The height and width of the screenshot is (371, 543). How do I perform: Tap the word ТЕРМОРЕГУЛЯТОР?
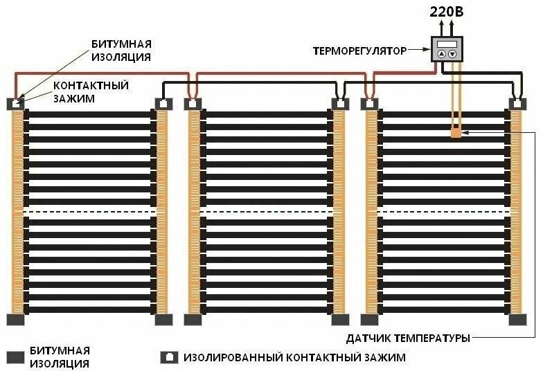[x=359, y=51]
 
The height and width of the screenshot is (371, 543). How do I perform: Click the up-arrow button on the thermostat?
[x=441, y=54]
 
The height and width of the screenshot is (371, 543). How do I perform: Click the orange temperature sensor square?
[x=456, y=132]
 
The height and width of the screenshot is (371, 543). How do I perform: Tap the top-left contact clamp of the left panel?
[x=16, y=104]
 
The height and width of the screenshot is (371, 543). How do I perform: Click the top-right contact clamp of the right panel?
[x=517, y=104]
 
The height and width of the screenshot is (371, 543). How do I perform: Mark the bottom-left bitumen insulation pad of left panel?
[x=16, y=319]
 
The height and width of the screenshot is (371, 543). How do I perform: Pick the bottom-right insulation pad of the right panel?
[x=517, y=319]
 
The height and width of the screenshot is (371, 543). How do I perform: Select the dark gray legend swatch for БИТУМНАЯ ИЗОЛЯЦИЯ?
[x=16, y=358]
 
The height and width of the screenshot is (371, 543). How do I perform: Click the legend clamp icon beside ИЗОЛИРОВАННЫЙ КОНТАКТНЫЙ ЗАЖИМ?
[x=168, y=358]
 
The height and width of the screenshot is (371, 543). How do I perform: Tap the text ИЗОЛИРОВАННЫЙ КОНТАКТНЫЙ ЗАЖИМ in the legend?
[x=294, y=358]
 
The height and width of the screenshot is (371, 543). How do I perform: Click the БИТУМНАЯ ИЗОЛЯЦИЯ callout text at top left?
[x=121, y=50]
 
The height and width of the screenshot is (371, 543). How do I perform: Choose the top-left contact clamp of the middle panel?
[x=193, y=104]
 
